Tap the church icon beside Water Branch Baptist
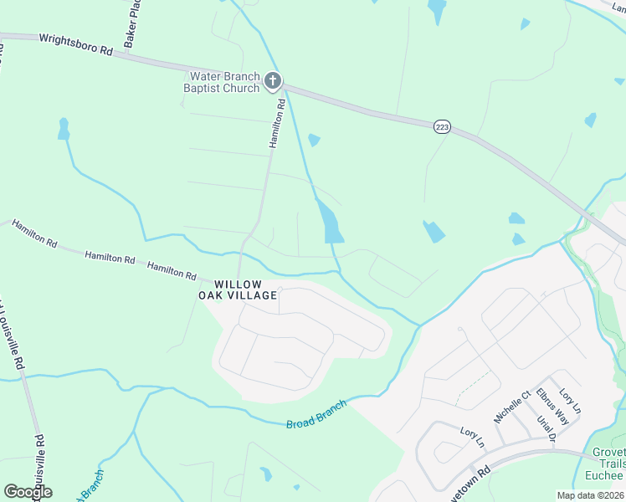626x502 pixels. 272,82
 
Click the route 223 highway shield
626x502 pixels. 443,126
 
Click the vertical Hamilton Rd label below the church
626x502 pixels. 277,124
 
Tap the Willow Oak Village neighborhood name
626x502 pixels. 238,289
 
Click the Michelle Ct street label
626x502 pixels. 513,406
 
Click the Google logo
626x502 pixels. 28,491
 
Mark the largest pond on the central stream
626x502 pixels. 330,222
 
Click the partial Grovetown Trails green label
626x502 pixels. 608,464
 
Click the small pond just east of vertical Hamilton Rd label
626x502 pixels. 314,140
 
